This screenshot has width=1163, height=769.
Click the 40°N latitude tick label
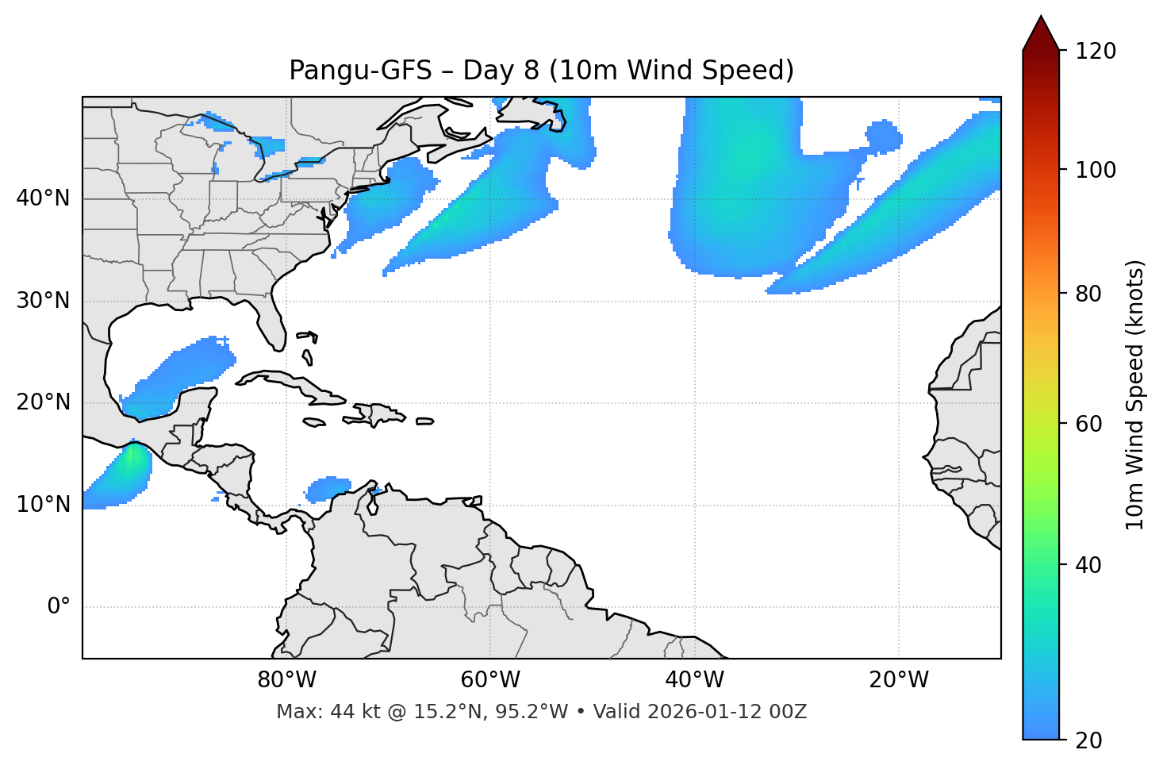[43, 198]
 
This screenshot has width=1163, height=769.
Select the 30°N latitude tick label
[43, 301]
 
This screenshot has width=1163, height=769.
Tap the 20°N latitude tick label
[43, 402]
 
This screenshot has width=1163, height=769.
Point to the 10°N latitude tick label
[43, 505]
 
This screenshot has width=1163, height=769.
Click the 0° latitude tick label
[59, 607]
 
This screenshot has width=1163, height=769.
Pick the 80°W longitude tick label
[286, 680]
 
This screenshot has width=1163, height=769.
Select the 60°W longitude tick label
[490, 680]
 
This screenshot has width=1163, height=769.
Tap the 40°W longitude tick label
[695, 680]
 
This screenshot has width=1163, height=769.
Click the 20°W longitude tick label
[899, 680]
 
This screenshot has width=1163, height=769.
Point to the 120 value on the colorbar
[1096, 52]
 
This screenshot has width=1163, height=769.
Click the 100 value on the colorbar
[1096, 170]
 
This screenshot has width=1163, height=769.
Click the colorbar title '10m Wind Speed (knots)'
[1135, 394]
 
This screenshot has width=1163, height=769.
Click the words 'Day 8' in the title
[500, 71]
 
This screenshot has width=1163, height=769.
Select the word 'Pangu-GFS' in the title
[360, 71]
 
